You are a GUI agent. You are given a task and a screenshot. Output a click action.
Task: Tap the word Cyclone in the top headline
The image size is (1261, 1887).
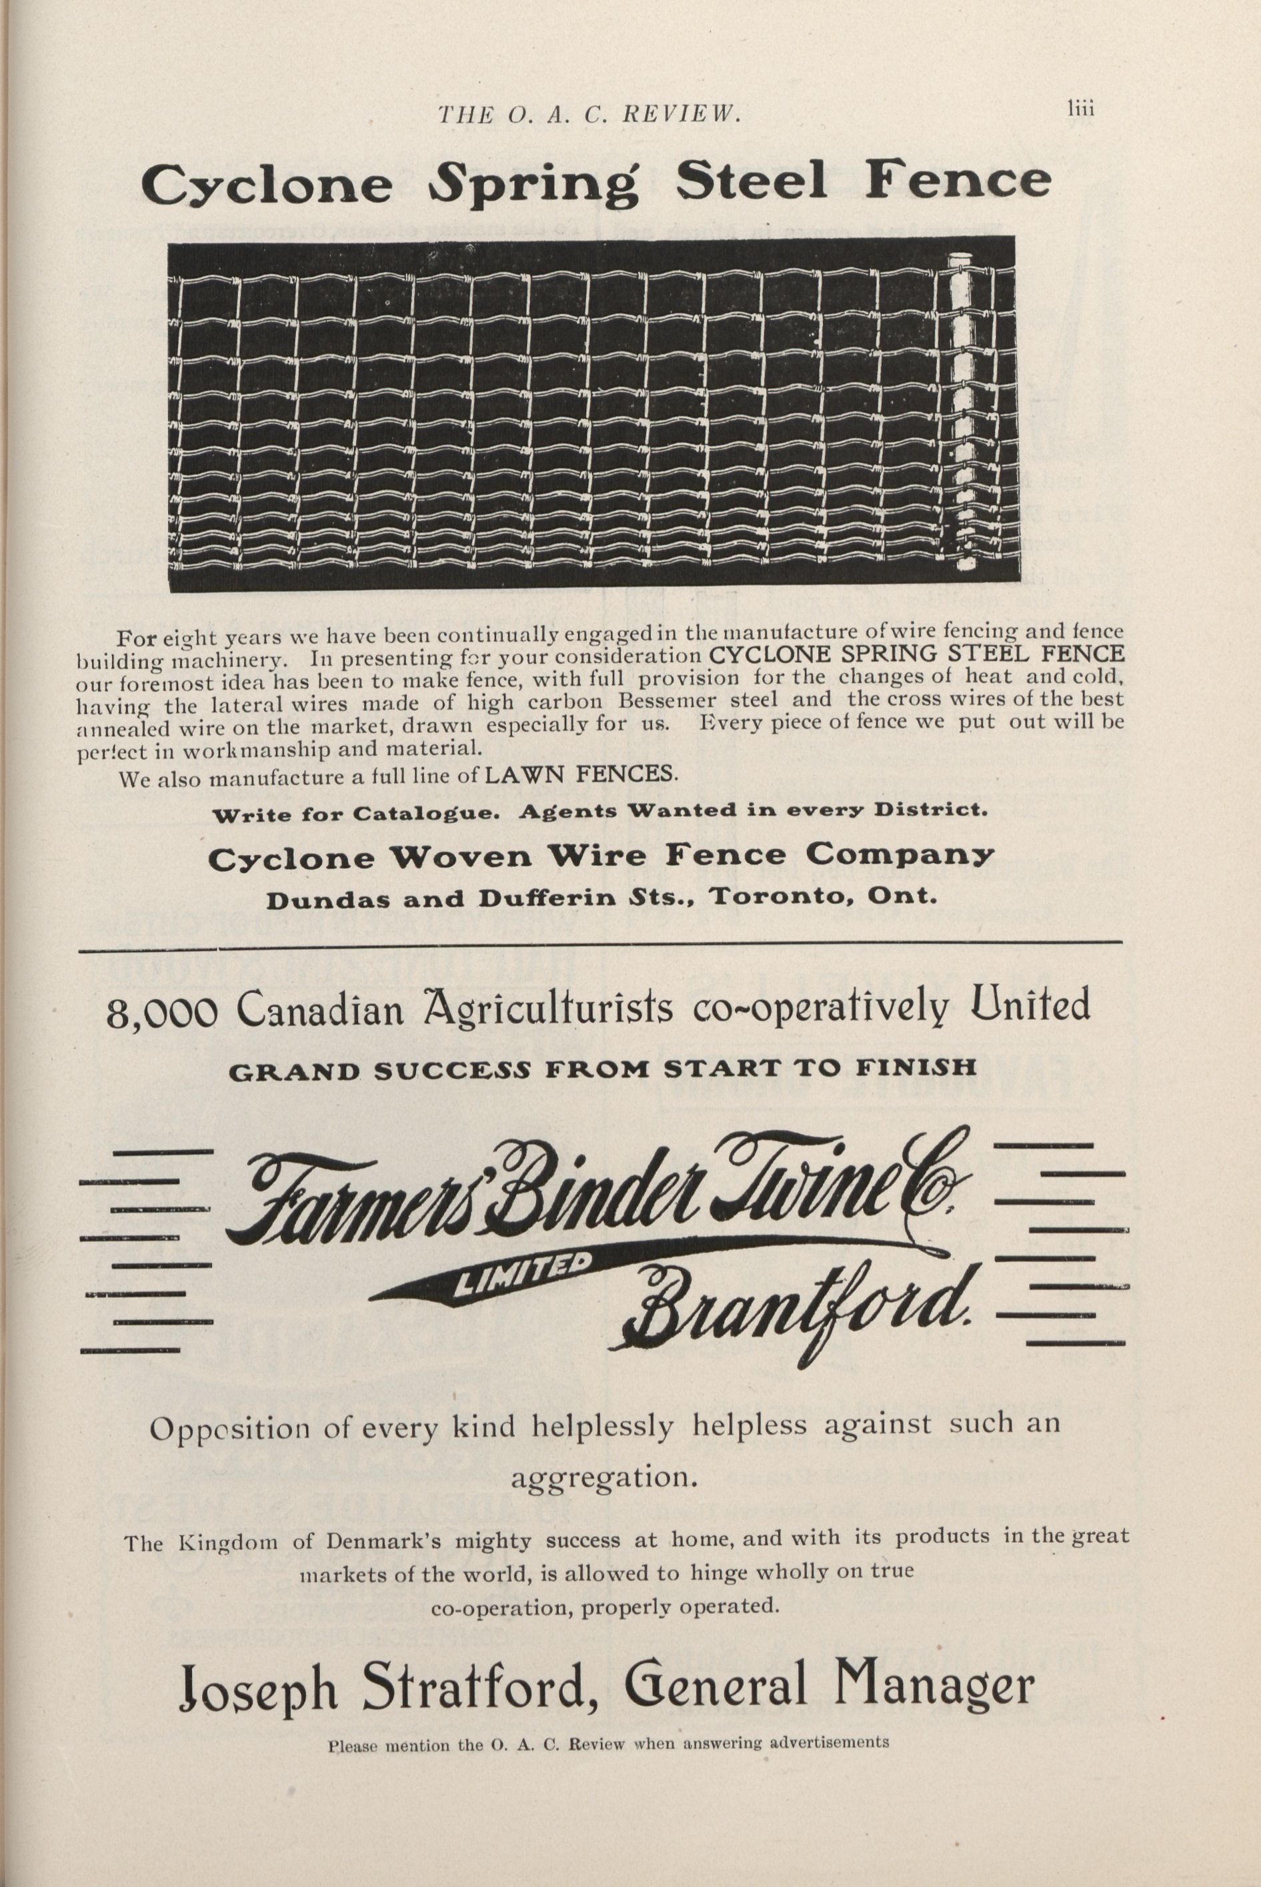tap(266, 185)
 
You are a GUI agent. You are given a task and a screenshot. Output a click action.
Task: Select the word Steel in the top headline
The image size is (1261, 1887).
tap(750, 182)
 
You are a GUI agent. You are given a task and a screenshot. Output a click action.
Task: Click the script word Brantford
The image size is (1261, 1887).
tap(796, 1312)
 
